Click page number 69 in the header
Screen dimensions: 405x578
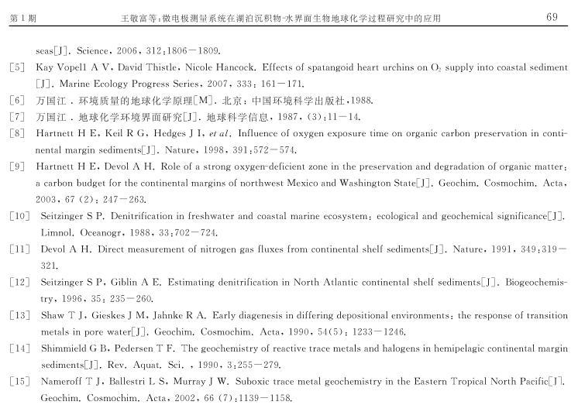pos(552,17)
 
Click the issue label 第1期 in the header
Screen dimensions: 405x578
pos(24,18)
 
